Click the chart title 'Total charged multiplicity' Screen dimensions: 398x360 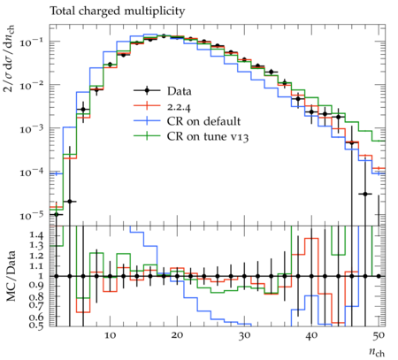tap(118, 11)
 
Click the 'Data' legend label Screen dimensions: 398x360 tap(180, 91)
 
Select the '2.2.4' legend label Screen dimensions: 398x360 tap(179, 106)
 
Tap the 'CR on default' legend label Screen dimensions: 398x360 tap(203, 121)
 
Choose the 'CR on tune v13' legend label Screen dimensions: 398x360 tap(208, 136)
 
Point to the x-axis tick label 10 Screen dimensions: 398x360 tap(110, 335)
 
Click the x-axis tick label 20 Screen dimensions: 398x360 tap(177, 335)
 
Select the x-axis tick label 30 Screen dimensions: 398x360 tap(244, 335)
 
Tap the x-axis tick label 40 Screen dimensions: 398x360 tap(311, 335)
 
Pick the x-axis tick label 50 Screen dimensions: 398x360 tap(379, 335)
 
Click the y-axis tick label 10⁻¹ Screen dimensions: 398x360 tap(31, 42)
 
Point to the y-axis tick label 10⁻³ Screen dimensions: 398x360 tap(31, 129)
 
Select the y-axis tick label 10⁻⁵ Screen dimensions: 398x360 tap(31, 216)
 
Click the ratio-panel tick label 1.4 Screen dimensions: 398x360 tap(36, 235)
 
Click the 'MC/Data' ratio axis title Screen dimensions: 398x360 tap(11, 276)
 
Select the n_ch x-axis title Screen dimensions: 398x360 tap(377, 352)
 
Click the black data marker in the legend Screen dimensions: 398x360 tap(147, 90)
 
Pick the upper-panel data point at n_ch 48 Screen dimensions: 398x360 tap(365, 194)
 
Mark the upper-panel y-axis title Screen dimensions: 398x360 tap(10, 58)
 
